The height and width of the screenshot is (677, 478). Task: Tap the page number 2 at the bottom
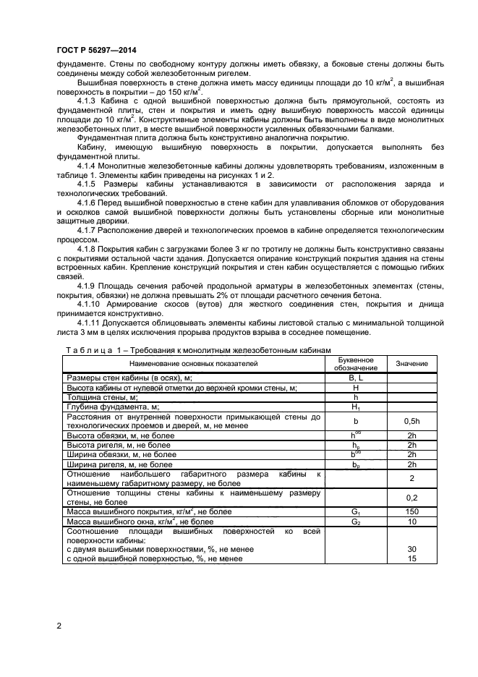59,626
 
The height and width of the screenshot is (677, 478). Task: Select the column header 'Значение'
411,363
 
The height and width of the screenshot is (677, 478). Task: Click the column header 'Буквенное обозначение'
355,363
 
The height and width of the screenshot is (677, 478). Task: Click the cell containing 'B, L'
355,378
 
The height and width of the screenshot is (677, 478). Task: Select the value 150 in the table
411,511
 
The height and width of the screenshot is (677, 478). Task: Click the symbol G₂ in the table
355,521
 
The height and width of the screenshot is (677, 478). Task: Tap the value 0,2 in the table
411,498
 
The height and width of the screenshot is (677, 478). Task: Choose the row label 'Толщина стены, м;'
102,397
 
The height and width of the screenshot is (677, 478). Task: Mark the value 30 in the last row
411,549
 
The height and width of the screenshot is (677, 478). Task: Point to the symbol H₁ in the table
355,407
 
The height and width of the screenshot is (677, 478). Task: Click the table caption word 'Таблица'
89,350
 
